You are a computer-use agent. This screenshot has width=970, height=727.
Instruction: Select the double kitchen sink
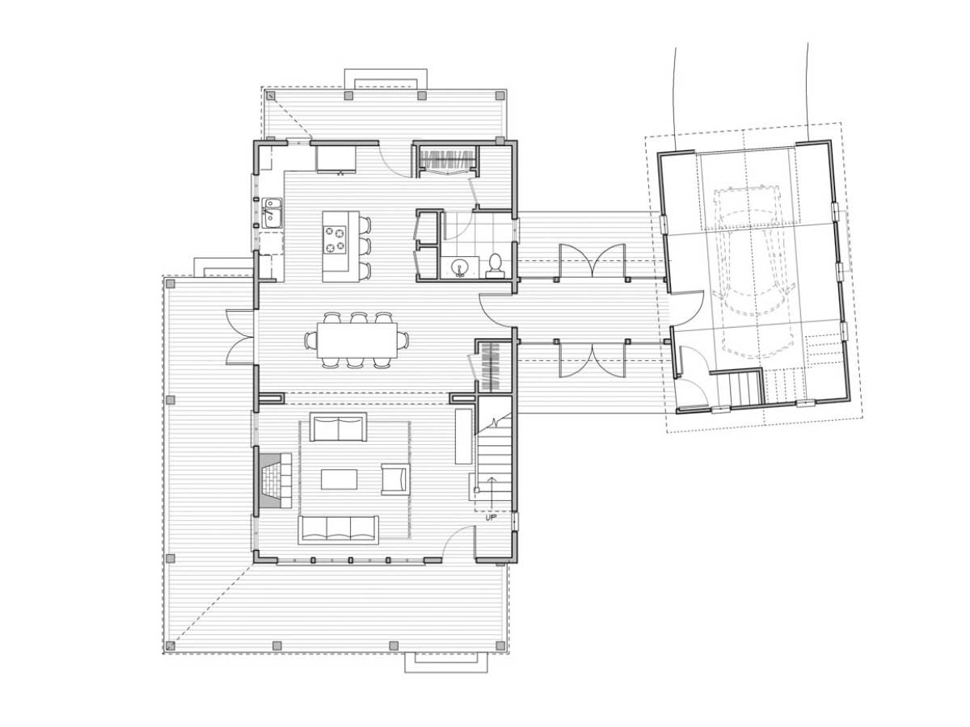(x=272, y=213)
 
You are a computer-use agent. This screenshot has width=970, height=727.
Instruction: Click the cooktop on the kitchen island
(x=335, y=240)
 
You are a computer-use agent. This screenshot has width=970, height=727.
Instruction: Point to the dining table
(x=357, y=340)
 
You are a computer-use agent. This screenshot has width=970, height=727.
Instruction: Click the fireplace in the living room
(x=273, y=481)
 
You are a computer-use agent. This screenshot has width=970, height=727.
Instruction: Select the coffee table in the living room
(x=339, y=479)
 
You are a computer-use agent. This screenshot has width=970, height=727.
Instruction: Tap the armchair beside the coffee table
(x=395, y=479)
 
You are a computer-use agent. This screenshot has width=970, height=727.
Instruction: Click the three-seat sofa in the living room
(x=339, y=530)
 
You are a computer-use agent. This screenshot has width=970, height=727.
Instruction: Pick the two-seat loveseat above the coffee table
(x=338, y=427)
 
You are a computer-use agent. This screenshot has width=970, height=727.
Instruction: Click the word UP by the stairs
(x=491, y=518)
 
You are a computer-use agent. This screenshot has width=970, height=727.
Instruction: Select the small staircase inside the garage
(x=740, y=389)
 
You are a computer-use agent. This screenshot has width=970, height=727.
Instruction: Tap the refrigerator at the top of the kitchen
(x=335, y=159)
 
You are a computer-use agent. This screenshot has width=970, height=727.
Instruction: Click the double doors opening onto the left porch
(x=240, y=337)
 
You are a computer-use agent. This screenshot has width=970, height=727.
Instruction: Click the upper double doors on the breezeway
(x=593, y=261)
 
